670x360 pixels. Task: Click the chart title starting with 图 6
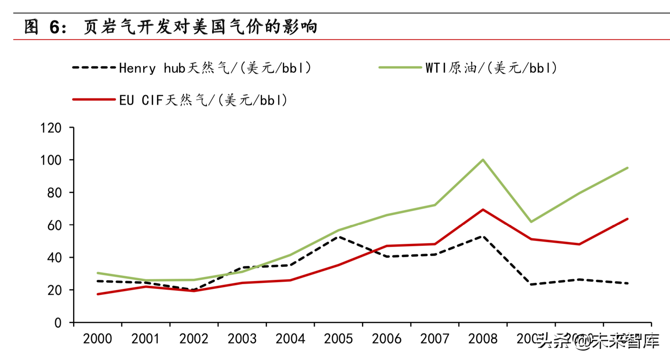pos(170,27)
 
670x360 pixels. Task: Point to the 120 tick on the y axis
pos(51,128)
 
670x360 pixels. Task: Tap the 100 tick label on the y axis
pos(51,160)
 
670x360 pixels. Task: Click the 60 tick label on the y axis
pos(54,225)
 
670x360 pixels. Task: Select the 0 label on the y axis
pos(58,323)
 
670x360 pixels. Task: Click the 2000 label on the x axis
pos(97,339)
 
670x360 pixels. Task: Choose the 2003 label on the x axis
pos(242,339)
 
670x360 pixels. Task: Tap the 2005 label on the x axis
pos(338,339)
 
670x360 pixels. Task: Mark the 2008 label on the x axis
pos(483,339)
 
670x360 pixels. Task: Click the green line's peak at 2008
pos(483,160)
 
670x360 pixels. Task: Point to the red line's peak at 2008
pos(483,210)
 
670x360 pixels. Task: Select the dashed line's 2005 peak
pos(339,237)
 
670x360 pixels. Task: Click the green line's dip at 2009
pos(531,222)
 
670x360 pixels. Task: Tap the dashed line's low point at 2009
pos(531,285)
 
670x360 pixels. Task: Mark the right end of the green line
pos(627,168)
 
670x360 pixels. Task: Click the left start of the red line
pos(98,294)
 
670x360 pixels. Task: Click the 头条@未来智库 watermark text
pos(598,341)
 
